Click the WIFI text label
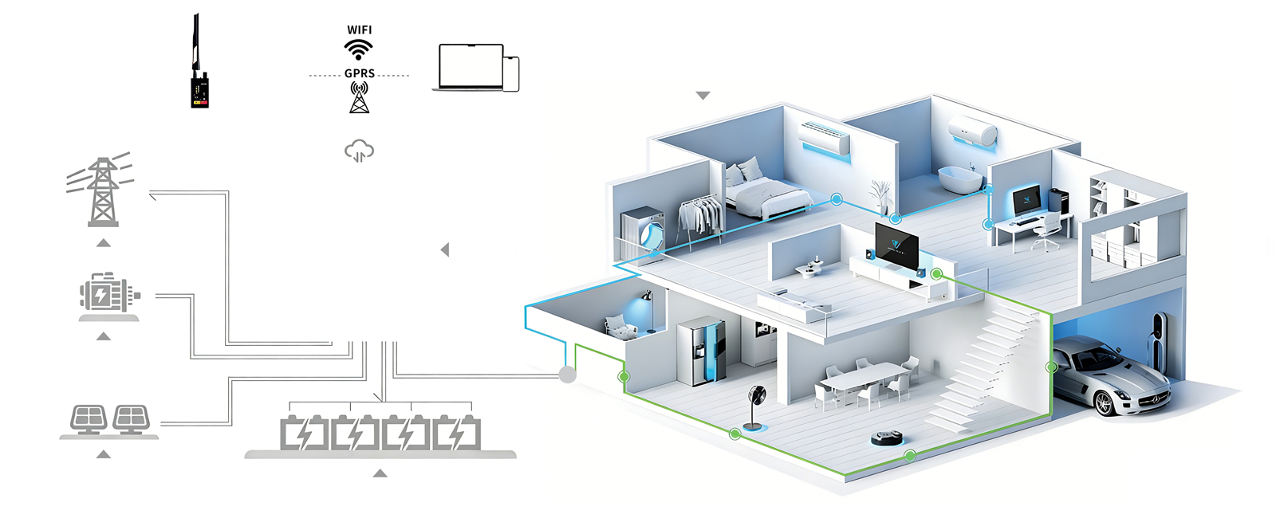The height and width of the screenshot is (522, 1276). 359,29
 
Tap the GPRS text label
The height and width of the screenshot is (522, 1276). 359,73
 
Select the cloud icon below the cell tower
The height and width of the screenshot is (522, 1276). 359,150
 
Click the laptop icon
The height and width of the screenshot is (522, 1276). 471,67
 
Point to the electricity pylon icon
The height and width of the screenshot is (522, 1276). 102,191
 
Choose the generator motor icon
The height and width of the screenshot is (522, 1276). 108,294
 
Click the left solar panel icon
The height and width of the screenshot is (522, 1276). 88,418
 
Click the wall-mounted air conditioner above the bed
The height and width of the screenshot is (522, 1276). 825,138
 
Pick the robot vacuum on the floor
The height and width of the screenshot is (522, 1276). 887,438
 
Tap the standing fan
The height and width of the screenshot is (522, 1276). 755,406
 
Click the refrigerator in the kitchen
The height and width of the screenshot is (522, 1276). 701,351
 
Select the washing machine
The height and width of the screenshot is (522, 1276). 644,230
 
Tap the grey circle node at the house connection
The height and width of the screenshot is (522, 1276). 567,374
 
